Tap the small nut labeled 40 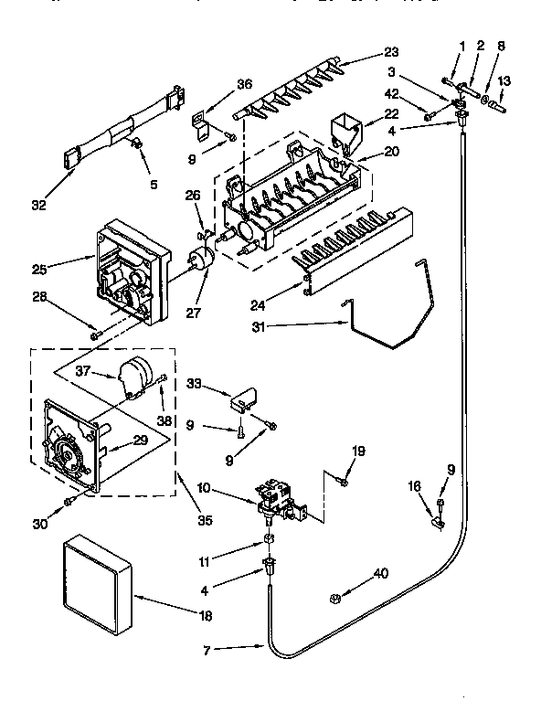click(x=335, y=599)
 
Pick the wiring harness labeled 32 click(x=119, y=128)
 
